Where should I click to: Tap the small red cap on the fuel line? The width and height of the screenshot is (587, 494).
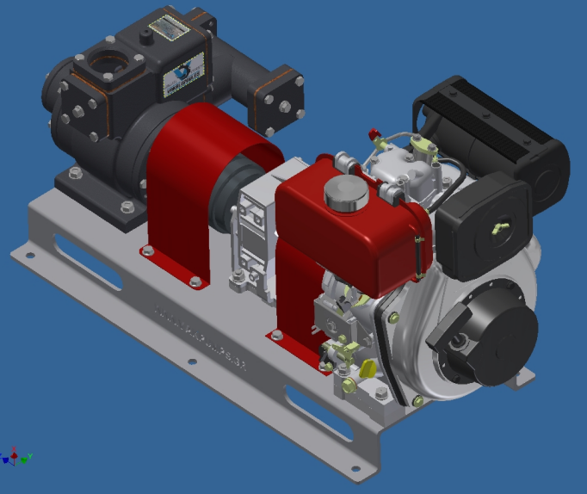click(x=374, y=134)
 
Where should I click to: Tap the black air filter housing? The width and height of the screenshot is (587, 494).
click(x=482, y=228)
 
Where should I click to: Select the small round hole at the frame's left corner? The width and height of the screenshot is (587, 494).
click(x=31, y=256)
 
